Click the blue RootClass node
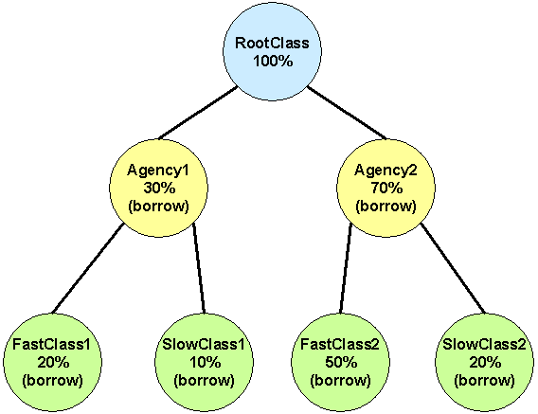[273, 51]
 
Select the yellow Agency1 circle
[159, 188]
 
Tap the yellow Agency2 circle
[386, 188]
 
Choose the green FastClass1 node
[52, 362]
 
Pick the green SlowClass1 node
[205, 362]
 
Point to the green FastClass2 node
[340, 362]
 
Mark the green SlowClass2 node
[484, 362]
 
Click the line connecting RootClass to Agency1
[198, 113]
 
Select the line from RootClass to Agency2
[347, 113]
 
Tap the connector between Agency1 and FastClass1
[87, 268]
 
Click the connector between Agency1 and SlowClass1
[199, 268]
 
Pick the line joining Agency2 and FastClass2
[346, 268]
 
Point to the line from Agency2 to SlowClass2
[454, 268]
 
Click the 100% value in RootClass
[273, 61]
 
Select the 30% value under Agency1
[159, 188]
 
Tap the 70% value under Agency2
[386, 188]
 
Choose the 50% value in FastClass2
[341, 362]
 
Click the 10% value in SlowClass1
[205, 362]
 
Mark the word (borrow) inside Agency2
[386, 207]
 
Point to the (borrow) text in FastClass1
[52, 381]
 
